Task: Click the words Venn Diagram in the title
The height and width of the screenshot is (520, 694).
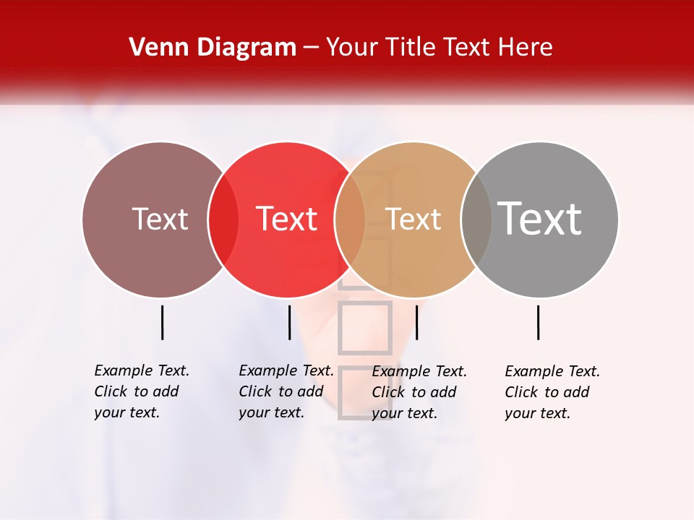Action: (213, 48)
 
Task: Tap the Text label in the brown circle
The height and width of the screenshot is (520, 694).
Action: (160, 219)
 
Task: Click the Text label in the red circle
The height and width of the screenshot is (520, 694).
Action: (287, 219)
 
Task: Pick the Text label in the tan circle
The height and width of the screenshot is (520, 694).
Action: (413, 219)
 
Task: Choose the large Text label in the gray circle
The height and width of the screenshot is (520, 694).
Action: (540, 218)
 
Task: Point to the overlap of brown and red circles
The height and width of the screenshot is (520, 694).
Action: (223, 219)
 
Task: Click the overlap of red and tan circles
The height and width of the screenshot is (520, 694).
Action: (350, 219)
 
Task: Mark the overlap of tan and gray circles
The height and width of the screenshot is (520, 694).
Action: (476, 219)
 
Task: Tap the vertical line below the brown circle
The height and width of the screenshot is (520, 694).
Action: (162, 322)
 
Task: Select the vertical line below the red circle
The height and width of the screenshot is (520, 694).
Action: (289, 322)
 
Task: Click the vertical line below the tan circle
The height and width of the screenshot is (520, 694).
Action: (416, 322)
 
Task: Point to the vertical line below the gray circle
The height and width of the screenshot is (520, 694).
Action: (539, 322)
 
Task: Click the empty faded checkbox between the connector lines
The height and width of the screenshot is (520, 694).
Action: (365, 328)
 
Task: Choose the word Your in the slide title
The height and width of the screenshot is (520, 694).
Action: (352, 48)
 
